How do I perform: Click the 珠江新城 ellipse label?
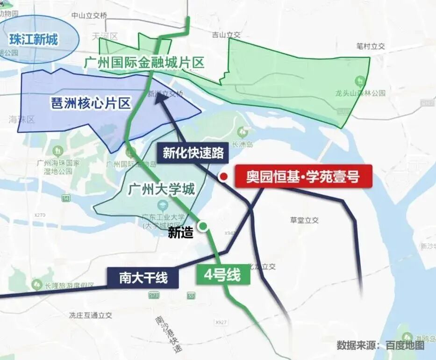[x=34, y=39]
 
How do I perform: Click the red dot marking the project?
[x=224, y=176]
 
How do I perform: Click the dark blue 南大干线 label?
[x=143, y=278]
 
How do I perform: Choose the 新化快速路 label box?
[x=193, y=152]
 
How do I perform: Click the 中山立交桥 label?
[x=89, y=15]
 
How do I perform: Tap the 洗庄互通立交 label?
[x=90, y=315]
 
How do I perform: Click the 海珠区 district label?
[x=21, y=120]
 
